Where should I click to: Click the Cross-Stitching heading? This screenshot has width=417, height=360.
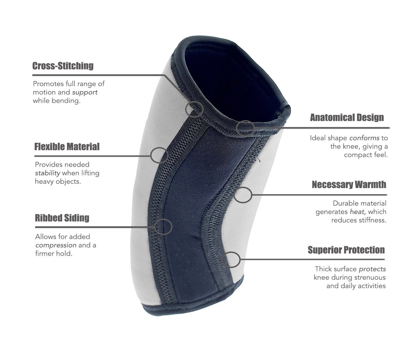(x=63, y=66)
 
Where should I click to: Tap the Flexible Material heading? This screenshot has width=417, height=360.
(x=67, y=147)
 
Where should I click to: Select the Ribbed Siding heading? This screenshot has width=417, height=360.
(x=62, y=218)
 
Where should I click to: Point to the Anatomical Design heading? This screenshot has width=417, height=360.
(x=347, y=117)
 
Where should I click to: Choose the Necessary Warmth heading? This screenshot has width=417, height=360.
(x=349, y=184)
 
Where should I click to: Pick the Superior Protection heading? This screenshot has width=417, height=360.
(x=346, y=250)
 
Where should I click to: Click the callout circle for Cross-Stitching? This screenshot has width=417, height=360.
(x=194, y=109)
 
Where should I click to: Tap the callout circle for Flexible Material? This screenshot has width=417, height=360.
(x=160, y=155)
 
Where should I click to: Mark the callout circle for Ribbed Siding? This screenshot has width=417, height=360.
(x=163, y=227)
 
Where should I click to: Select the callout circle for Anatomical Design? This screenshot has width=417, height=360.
(x=245, y=128)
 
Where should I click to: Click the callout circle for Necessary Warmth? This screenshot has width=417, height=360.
(x=243, y=195)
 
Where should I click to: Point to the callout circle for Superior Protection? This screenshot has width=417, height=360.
(x=231, y=259)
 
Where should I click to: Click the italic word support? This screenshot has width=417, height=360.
(x=85, y=92)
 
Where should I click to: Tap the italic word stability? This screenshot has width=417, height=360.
(x=48, y=173)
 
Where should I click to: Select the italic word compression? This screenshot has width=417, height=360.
(x=56, y=245)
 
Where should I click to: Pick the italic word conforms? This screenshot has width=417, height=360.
(x=364, y=138)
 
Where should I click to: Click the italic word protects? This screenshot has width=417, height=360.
(x=372, y=269)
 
